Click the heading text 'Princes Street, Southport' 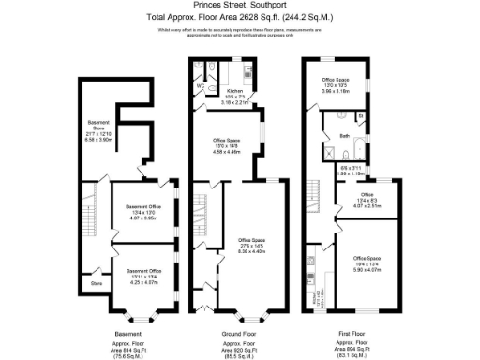click(x=239, y=6)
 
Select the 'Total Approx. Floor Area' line click(x=239, y=17)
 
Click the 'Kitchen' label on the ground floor click(x=234, y=93)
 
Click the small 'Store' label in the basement click(x=96, y=281)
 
